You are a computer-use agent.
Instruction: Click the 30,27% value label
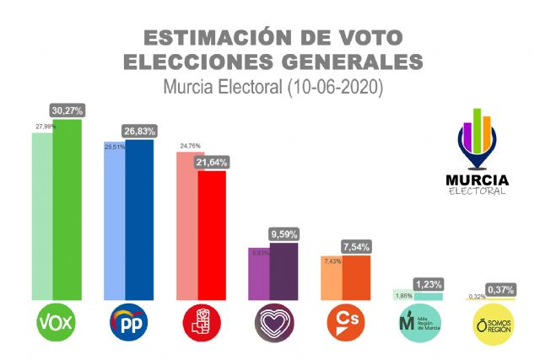[x=67, y=110]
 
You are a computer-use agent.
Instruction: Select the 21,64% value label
[x=211, y=162]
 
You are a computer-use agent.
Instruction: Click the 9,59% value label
[x=283, y=234]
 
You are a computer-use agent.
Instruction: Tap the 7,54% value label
[x=355, y=246]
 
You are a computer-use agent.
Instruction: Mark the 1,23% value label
[x=428, y=284]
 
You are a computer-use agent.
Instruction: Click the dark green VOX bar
[x=67, y=211]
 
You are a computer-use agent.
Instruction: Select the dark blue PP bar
[x=139, y=219]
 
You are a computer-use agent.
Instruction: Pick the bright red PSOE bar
[x=211, y=236]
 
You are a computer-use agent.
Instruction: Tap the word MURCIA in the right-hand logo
[x=477, y=179]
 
